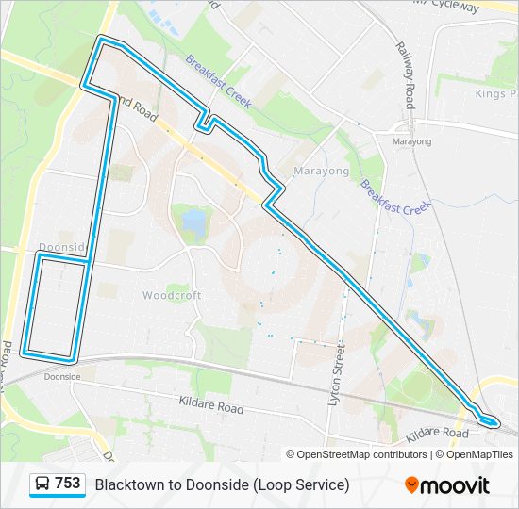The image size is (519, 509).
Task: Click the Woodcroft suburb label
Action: tap(172, 295)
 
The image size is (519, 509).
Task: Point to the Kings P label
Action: tap(496, 94)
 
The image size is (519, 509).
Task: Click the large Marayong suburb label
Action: tap(321, 172)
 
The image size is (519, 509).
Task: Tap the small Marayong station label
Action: tap(411, 141)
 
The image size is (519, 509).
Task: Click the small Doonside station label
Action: tap(61, 376)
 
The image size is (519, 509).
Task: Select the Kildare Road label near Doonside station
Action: tap(210, 404)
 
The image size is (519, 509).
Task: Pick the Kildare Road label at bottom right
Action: tap(437, 434)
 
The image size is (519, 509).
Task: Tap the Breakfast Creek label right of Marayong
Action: tap(395, 194)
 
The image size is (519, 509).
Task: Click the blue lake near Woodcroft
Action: tap(194, 222)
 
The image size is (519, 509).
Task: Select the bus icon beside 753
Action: tap(42, 484)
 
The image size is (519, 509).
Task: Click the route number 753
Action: tap(68, 484)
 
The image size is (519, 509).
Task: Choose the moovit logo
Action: tap(447, 485)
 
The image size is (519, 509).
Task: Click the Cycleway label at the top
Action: tap(482, 6)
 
